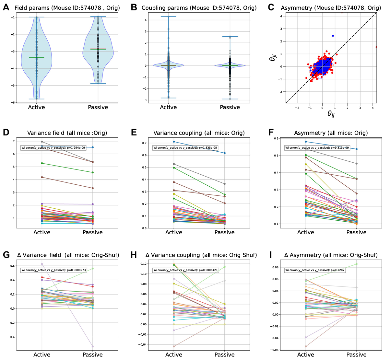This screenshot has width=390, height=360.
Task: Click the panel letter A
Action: [x=6, y=7]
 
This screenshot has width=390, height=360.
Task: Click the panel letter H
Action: [x=134, y=255]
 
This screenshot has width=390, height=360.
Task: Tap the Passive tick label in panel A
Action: [x=98, y=108]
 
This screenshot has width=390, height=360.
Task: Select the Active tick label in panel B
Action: [x=168, y=108]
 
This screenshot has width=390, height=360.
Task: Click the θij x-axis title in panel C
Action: [x=331, y=113]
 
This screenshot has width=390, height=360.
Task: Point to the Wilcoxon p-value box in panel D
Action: [x=53, y=148]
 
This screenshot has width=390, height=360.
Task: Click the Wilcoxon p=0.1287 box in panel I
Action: [x=315, y=270]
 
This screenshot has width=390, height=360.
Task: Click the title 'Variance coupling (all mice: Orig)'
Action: [x=199, y=133]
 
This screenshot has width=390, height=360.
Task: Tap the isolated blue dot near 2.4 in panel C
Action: [x=333, y=36]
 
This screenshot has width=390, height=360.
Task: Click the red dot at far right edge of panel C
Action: [x=376, y=47]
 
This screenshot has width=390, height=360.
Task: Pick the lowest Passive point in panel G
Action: [x=93, y=346]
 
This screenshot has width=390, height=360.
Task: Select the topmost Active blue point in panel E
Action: [x=174, y=142]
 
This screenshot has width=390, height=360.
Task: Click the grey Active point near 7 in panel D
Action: [x=42, y=142]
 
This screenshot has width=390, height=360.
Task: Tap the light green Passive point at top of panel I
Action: [x=356, y=264]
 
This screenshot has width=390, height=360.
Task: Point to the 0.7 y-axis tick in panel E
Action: [x=144, y=143]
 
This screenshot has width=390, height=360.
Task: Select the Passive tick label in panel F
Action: [x=356, y=233]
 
